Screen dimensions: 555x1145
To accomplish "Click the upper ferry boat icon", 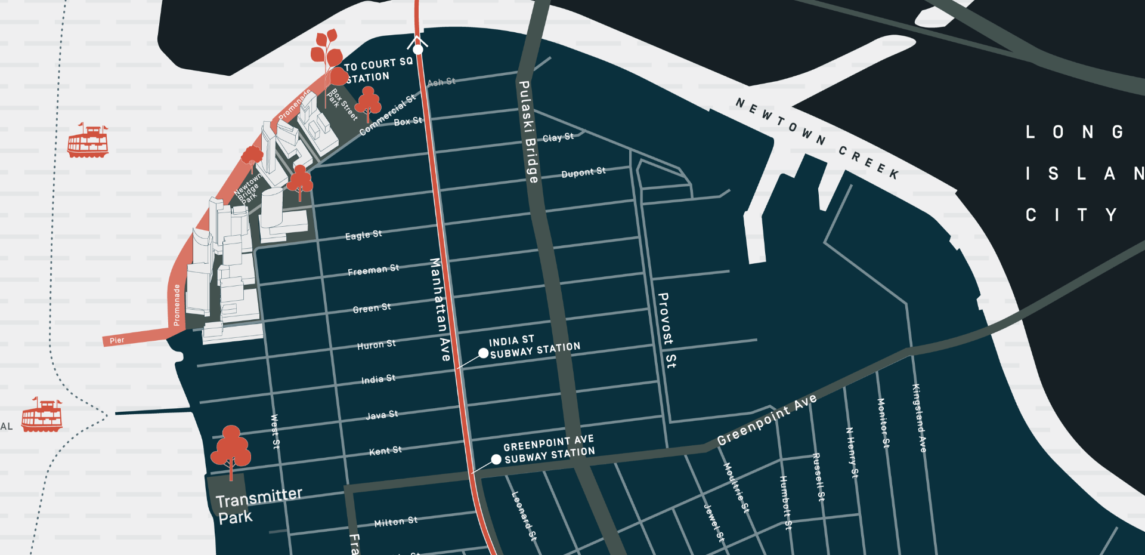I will (x=88, y=141).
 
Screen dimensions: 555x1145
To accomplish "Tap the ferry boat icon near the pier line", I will (x=42, y=416).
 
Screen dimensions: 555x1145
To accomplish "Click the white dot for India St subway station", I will (x=484, y=354).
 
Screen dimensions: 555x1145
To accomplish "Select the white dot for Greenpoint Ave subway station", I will (x=496, y=460).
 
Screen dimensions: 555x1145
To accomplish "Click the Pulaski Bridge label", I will (x=528, y=132).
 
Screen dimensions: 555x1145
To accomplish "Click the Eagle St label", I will (x=363, y=235).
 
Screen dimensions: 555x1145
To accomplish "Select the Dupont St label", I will (x=583, y=172).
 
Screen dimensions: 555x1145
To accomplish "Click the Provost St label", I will (x=667, y=330).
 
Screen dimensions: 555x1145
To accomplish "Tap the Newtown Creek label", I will (x=817, y=138).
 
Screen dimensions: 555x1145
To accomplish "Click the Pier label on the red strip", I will (x=117, y=340).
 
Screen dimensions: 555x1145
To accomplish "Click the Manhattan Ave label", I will (x=440, y=309).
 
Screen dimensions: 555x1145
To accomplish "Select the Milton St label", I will (x=395, y=522).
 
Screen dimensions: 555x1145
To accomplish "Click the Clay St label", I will (x=558, y=137).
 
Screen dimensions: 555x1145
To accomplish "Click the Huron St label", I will (x=376, y=344).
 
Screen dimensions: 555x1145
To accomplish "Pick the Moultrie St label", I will (x=736, y=487).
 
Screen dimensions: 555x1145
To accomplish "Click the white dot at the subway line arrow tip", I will (x=418, y=50).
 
